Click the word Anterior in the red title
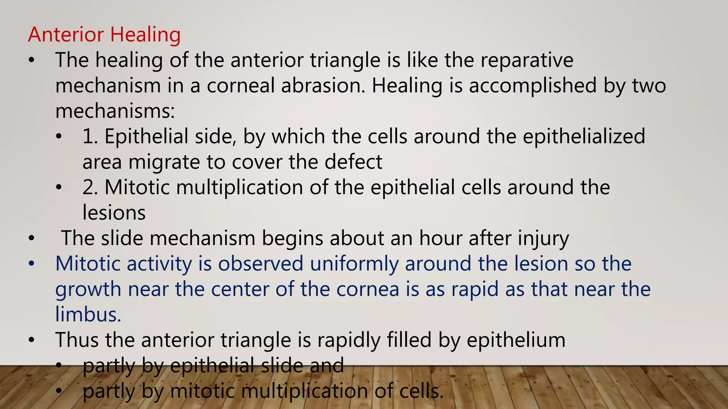[x=66, y=35]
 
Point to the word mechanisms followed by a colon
[x=115, y=111]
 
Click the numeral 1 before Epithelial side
[x=89, y=137]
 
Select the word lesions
[x=114, y=213]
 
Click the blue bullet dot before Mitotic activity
[x=32, y=264]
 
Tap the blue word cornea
[x=368, y=289]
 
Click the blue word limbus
[x=88, y=315]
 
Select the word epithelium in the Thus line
[x=516, y=340]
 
